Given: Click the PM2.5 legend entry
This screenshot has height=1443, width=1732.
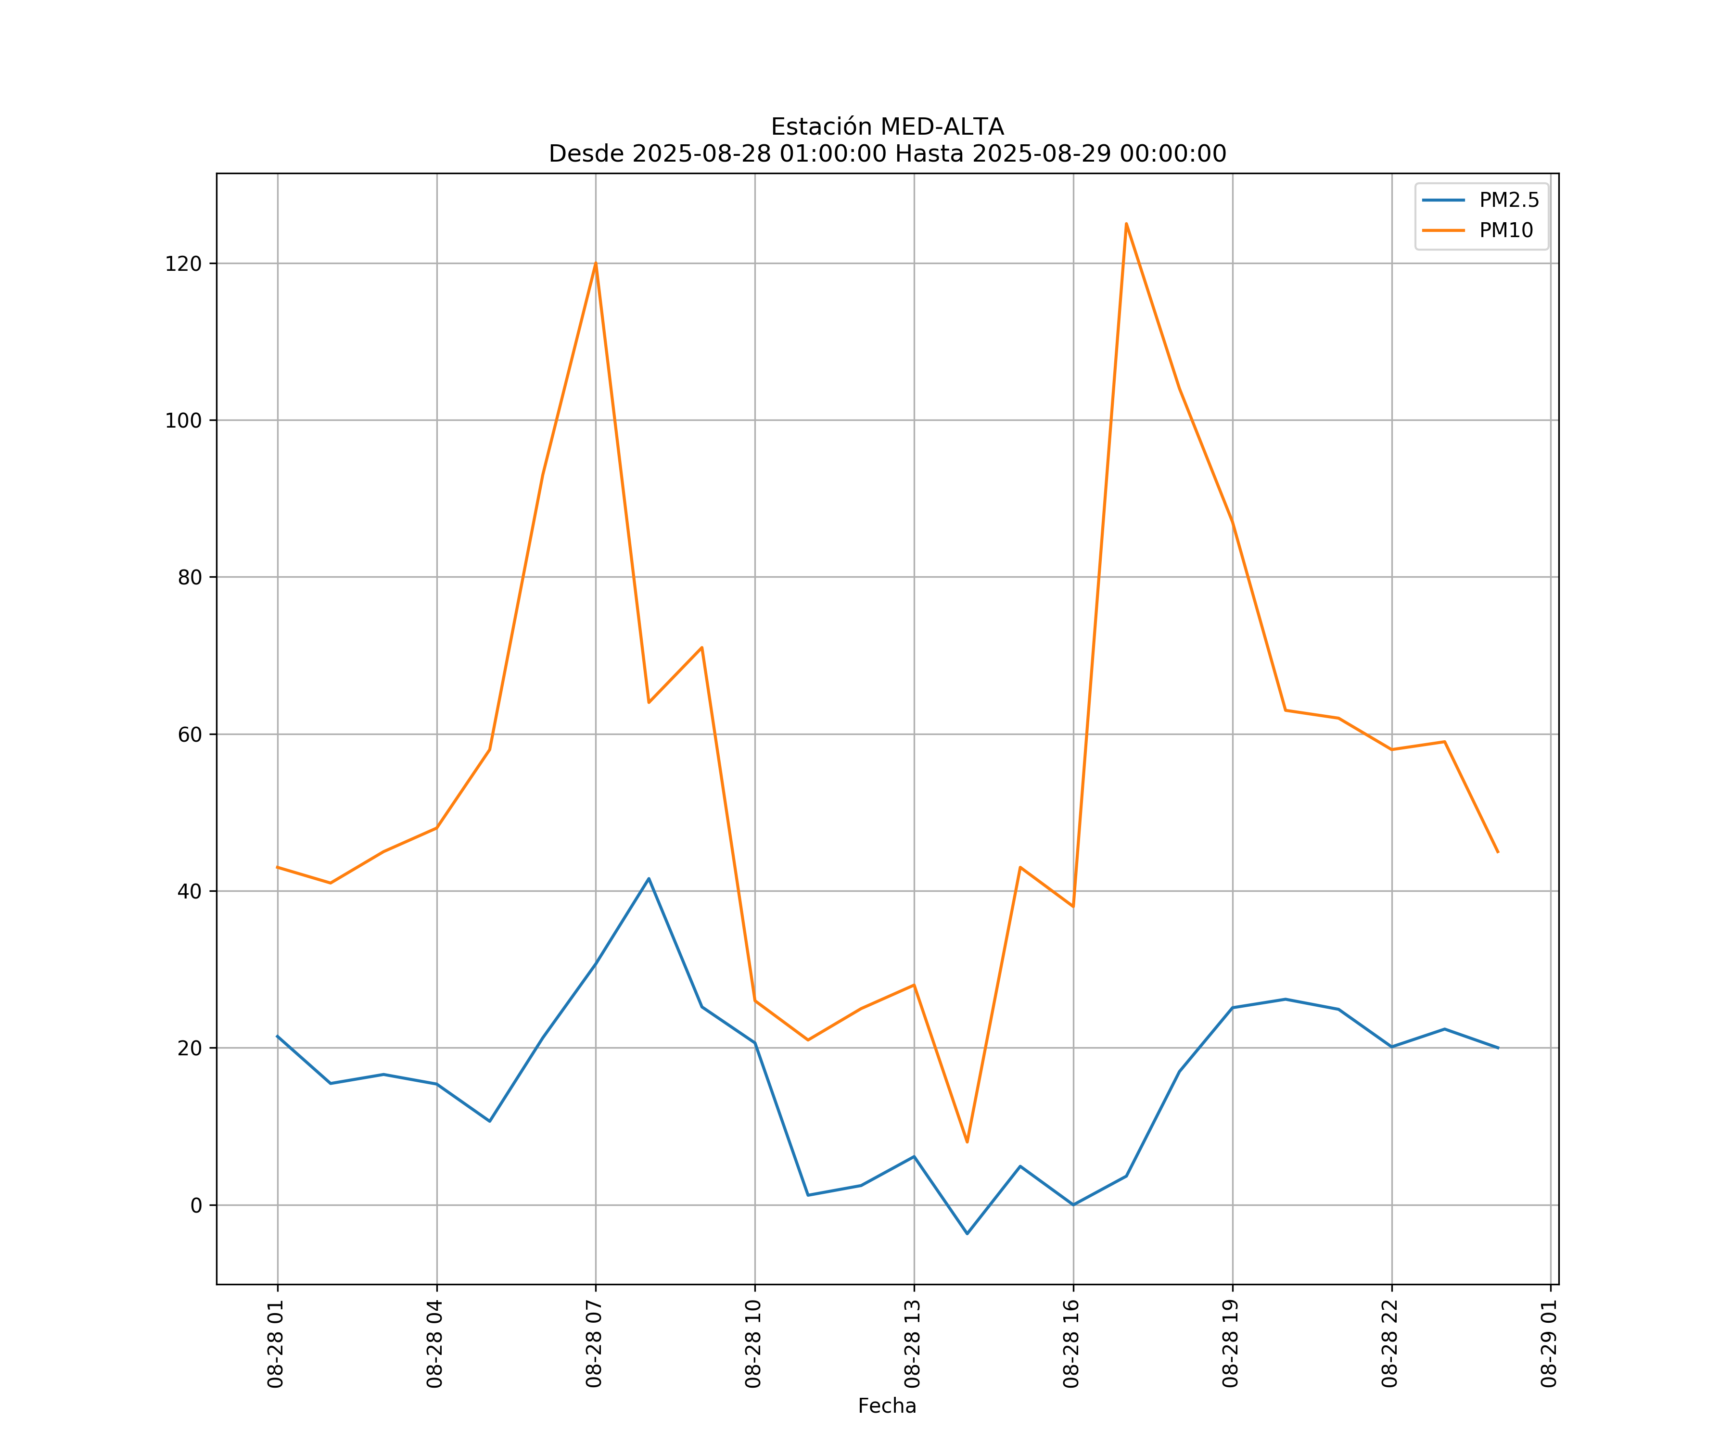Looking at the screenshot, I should click(x=1508, y=201).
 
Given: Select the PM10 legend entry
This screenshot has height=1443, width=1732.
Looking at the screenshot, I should click(x=1506, y=231).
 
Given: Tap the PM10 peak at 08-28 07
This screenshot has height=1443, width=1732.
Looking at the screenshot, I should click(x=596, y=264).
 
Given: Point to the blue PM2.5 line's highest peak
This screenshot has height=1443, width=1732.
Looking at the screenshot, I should click(x=649, y=878).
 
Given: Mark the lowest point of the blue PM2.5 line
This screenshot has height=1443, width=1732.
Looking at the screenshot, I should click(x=968, y=1234).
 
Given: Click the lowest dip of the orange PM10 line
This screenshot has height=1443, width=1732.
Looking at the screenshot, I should click(x=968, y=1142).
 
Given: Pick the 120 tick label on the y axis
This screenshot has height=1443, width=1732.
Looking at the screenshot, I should click(x=183, y=264).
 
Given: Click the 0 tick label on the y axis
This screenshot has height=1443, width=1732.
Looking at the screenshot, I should click(x=196, y=1205).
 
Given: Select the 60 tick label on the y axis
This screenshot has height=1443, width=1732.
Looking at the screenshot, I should click(x=190, y=734).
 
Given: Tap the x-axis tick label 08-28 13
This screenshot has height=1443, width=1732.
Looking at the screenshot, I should click(x=912, y=1344).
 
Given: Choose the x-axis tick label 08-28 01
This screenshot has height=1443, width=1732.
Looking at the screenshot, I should click(x=276, y=1344).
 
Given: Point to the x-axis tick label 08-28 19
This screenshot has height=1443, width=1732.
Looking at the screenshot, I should click(x=1231, y=1344).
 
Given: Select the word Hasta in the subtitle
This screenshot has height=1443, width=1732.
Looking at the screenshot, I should click(x=930, y=154).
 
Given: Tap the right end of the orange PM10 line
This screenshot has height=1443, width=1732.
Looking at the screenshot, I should click(x=1498, y=852).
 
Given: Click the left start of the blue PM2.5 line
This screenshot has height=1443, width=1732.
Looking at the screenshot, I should click(x=277, y=1036).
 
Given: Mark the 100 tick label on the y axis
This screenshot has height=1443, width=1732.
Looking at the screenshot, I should click(x=183, y=420).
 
